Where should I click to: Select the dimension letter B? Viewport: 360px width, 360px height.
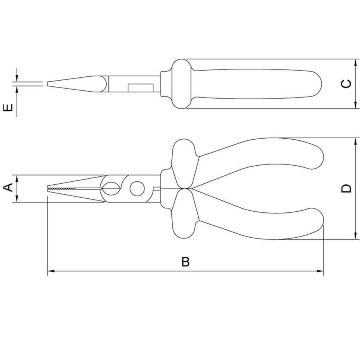pos(185,262)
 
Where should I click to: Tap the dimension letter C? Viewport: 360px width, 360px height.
pos(346,84)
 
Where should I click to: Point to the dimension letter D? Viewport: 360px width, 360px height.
pos(346,188)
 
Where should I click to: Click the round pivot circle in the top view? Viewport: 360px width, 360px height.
pos(136,189)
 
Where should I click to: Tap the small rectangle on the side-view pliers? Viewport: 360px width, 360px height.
pos(140,88)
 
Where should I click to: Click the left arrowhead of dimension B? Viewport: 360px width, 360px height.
pos(50,271)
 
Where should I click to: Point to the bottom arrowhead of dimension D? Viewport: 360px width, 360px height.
pos(356,236)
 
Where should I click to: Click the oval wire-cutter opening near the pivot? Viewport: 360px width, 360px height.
pos(112,188)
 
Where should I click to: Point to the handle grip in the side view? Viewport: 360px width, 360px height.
pos(259,84)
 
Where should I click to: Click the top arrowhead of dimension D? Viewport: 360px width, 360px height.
pos(356,141)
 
